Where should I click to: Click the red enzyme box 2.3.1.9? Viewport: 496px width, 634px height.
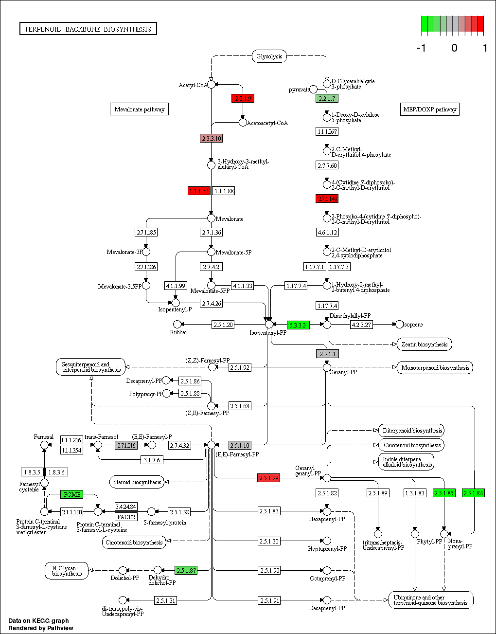click(243, 98)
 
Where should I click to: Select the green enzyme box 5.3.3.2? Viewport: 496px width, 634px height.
click(298, 325)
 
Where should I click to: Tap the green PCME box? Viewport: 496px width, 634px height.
click(72, 494)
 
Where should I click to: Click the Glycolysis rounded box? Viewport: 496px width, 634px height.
click(269, 56)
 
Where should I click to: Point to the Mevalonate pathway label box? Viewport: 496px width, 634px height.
click(140, 109)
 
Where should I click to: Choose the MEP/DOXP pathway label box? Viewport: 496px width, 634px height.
click(430, 109)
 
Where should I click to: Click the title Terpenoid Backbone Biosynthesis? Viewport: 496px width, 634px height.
click(88, 29)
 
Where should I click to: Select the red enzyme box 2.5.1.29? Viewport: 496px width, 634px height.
click(268, 478)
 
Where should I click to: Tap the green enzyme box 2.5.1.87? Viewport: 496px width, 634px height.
click(186, 570)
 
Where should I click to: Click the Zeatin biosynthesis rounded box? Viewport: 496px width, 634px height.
click(424, 344)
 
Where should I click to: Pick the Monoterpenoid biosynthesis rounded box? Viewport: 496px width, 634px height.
click(435, 368)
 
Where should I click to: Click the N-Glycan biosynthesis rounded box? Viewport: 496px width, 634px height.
click(67, 571)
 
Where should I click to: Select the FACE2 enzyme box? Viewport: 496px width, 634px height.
click(126, 517)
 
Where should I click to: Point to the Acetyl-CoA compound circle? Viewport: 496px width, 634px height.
click(211, 85)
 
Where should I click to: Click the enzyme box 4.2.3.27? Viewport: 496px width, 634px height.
click(361, 325)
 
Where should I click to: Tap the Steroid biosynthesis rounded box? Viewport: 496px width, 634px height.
click(137, 482)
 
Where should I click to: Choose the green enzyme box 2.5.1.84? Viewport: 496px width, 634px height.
click(473, 493)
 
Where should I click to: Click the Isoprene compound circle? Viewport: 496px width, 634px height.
click(399, 325)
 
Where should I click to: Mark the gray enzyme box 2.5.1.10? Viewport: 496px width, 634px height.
click(240, 445)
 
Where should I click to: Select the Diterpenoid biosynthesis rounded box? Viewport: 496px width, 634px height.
click(412, 431)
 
